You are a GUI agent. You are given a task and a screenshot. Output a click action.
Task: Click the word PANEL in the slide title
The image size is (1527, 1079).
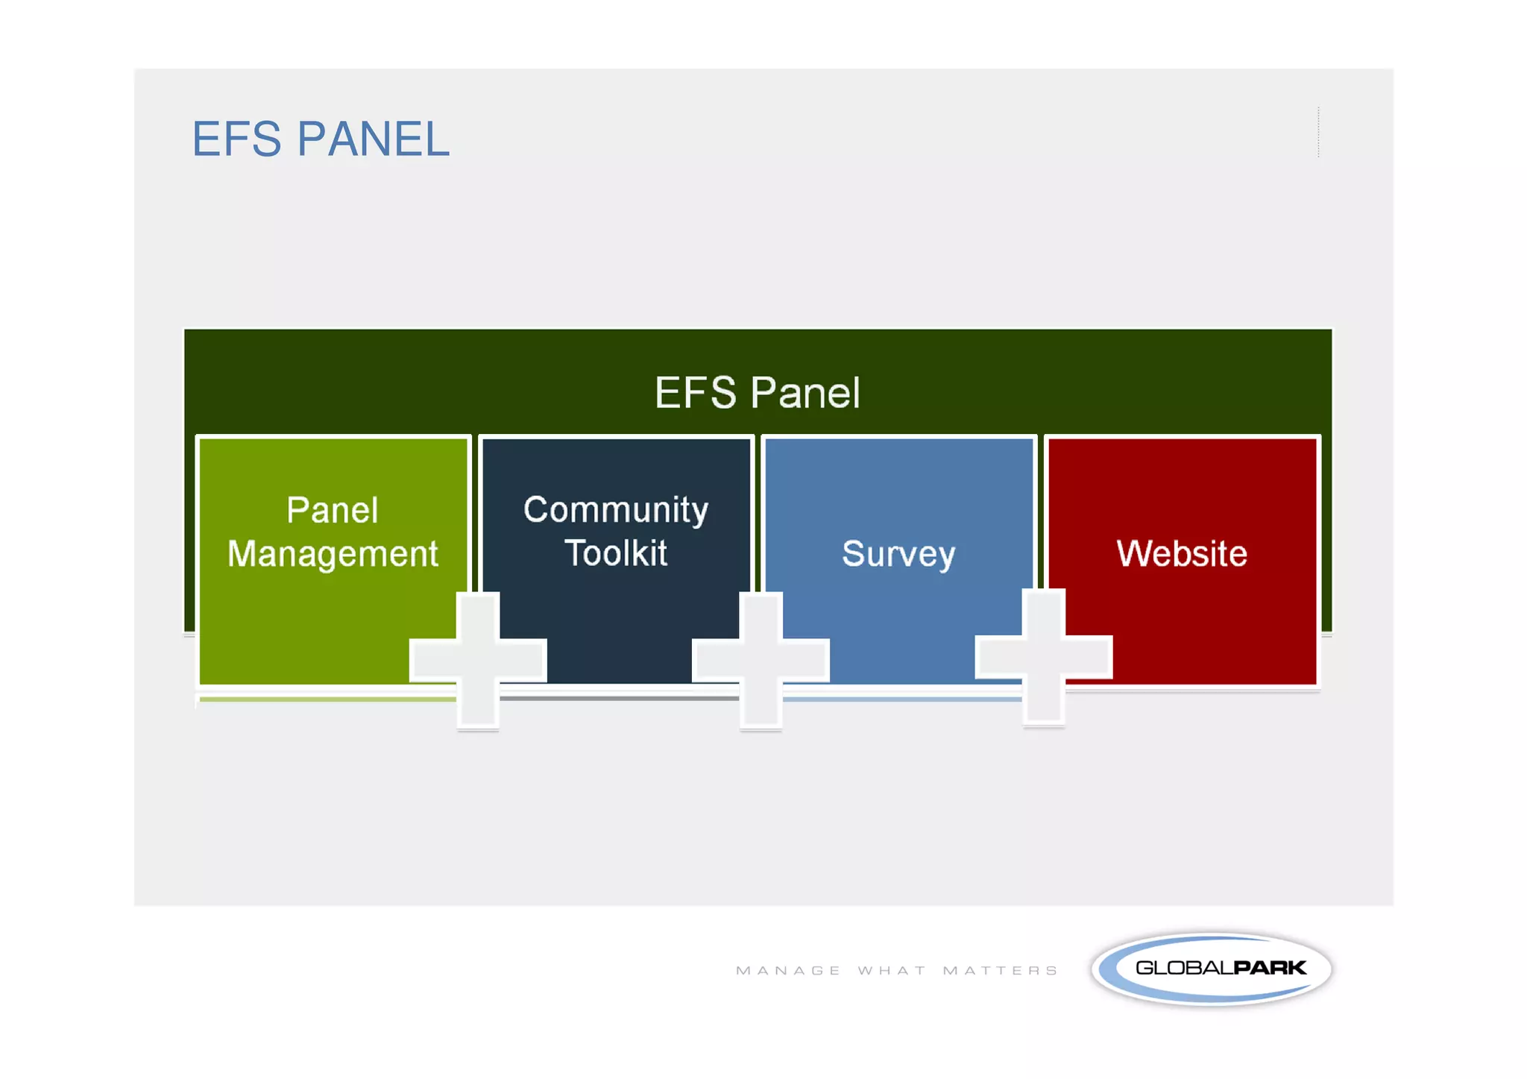[374, 139]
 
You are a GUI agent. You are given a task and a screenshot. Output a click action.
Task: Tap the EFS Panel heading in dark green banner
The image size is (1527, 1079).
[757, 393]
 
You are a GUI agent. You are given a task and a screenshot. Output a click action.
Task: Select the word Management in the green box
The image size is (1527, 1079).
[333, 554]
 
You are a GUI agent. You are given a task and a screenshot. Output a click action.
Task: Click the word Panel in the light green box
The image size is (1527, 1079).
[333, 511]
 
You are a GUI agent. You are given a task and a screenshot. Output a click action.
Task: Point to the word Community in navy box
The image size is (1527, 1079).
[616, 511]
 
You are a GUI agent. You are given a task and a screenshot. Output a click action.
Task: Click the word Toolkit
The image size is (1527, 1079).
[616, 553]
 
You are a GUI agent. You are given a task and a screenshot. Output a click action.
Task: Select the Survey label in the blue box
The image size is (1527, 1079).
[898, 554]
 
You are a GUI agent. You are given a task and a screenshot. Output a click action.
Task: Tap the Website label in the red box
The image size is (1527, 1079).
[1182, 553]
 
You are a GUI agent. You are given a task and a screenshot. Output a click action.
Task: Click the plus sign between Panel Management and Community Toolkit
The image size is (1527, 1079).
[478, 659]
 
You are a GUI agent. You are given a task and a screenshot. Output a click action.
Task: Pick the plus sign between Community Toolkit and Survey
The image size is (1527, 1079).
[761, 659]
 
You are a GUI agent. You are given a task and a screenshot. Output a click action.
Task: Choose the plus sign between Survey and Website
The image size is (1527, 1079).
[1044, 657]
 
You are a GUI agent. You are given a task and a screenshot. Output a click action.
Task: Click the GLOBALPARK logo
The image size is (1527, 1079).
[1212, 969]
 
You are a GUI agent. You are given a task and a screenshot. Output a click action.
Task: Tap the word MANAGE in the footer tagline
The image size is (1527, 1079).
[788, 971]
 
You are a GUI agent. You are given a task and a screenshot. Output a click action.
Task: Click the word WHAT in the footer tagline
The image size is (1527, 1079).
[892, 971]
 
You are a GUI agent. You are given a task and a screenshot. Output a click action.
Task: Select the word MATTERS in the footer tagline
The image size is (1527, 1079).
[1000, 971]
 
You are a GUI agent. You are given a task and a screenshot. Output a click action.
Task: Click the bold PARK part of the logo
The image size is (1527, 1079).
[1269, 968]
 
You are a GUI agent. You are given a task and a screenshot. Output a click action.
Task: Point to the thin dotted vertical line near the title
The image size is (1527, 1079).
[1318, 132]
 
